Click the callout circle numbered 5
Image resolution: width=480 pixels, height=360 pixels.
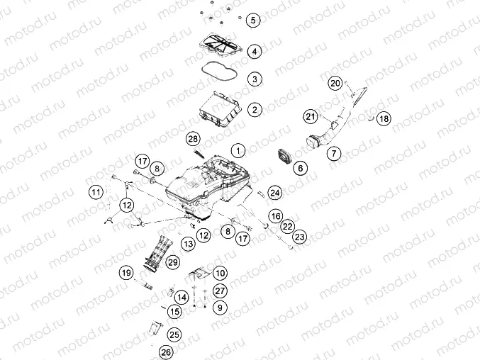[253, 20]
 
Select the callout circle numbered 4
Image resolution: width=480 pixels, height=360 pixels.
[255, 52]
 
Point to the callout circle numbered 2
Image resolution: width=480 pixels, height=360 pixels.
[255, 109]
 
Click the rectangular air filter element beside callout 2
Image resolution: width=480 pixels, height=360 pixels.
[220, 109]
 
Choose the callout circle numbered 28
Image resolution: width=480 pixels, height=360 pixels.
[193, 139]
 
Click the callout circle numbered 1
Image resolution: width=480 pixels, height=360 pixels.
[238, 150]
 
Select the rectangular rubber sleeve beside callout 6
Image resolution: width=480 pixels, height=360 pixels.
[285, 157]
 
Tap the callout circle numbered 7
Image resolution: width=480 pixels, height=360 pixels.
[334, 153]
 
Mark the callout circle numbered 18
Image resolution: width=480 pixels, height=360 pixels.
[384, 118]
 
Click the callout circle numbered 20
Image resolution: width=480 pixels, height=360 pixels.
[335, 83]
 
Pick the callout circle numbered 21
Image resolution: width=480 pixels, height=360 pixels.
[311, 116]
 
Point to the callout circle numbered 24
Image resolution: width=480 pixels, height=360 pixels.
[275, 193]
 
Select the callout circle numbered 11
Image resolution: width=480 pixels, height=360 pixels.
[96, 192]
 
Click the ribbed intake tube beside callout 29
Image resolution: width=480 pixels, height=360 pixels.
[156, 253]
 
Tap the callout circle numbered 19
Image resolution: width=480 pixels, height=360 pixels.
[126, 273]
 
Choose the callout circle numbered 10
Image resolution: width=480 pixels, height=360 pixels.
[220, 273]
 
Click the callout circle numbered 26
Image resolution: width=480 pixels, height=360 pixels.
[166, 352]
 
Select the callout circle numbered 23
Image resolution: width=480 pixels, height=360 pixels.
[300, 237]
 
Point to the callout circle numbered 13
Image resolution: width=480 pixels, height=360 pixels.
[189, 244]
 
